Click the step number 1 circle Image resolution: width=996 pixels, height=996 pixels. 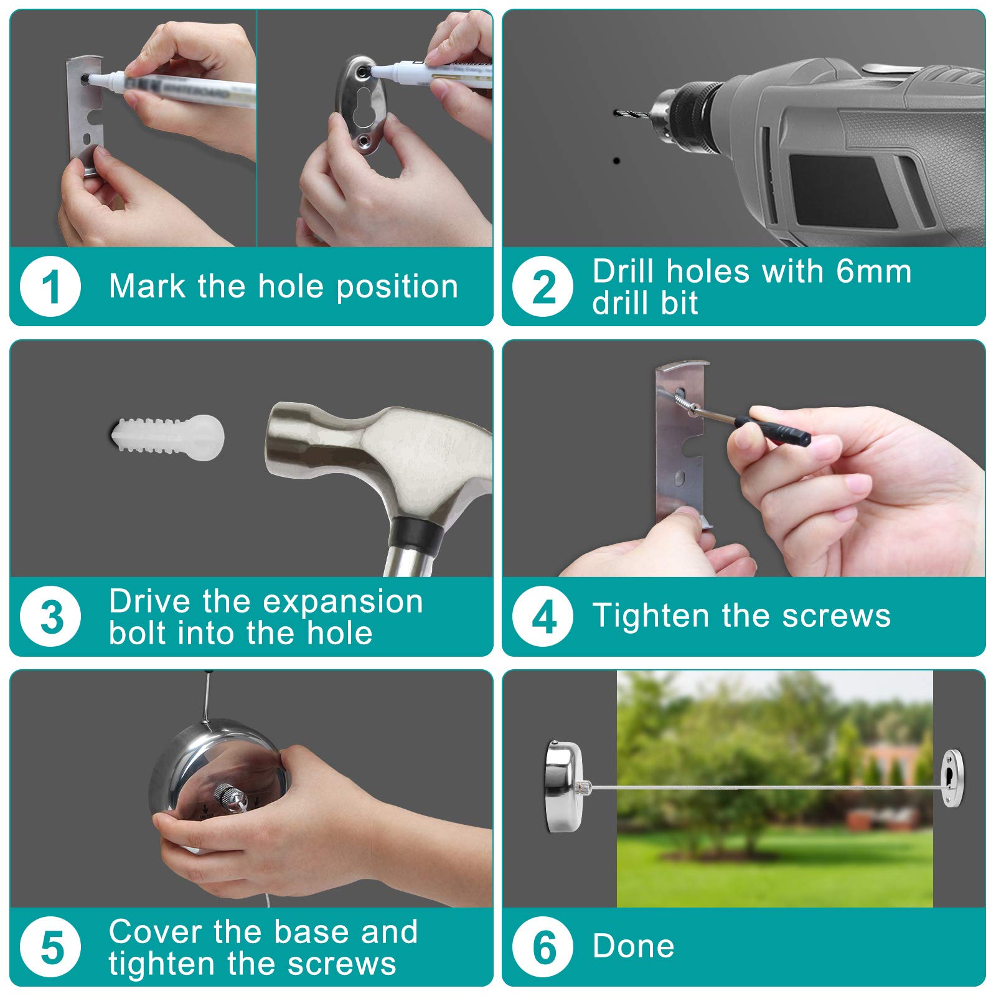(50, 287)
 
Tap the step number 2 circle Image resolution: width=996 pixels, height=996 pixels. (543, 287)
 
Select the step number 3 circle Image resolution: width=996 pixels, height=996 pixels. (50, 617)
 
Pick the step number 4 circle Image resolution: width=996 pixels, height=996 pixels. (543, 617)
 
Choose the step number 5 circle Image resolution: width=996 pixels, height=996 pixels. (50, 947)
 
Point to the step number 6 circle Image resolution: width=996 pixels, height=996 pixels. (543, 947)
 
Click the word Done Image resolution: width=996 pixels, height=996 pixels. (634, 946)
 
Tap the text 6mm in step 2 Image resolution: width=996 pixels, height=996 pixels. (874, 271)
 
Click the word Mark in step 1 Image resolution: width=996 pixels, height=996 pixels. (147, 286)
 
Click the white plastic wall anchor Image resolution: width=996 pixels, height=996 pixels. (167, 437)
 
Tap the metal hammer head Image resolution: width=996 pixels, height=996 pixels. (374, 461)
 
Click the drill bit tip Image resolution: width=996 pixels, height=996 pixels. (616, 113)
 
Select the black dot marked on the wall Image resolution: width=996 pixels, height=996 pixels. (616, 161)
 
